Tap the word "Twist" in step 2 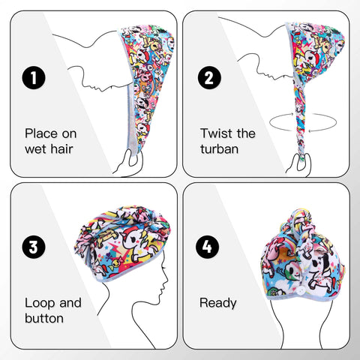tap(216, 133)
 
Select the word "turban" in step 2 tap(220, 149)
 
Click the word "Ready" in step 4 tap(217, 303)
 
